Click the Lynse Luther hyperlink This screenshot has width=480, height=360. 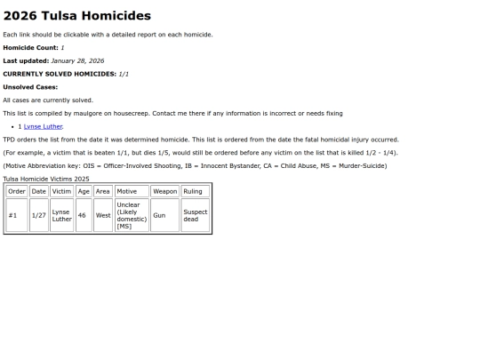tap(43, 126)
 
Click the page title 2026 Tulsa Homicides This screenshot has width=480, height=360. tap(77, 16)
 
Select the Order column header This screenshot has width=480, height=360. tap(17, 191)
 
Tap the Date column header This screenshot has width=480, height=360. tap(38, 191)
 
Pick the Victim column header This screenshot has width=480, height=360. tap(61, 191)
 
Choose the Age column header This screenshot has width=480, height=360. tap(84, 191)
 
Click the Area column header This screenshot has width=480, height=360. tap(103, 191)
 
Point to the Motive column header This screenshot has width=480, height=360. tap(132, 191)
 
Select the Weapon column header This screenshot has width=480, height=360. tap(164, 191)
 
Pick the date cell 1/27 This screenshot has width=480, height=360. tap(38, 215)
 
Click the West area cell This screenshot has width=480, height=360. tap(103, 215)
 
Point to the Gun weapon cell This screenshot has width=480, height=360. tap(159, 215)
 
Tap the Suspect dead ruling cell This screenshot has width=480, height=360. tap(195, 215)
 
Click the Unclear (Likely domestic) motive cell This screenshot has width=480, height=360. tap(131, 215)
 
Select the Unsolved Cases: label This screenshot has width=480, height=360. tap(30, 87)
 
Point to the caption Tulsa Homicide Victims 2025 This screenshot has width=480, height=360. tap(45, 179)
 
